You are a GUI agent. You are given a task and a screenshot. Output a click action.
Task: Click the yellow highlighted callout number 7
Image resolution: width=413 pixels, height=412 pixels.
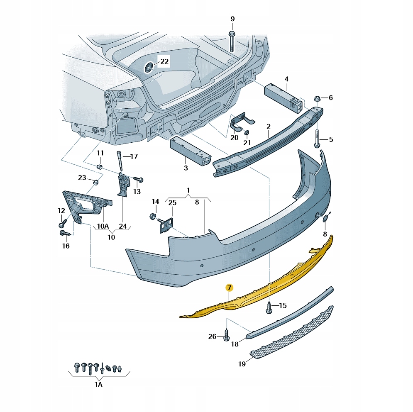229,288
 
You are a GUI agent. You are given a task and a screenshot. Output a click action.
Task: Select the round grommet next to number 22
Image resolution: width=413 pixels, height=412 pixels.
149,67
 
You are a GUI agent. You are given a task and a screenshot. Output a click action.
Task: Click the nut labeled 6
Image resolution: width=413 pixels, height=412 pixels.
317,99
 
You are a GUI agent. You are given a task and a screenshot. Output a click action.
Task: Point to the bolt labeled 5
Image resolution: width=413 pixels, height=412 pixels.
317,138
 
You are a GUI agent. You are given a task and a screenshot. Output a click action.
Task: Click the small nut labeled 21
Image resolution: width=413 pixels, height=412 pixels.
247,132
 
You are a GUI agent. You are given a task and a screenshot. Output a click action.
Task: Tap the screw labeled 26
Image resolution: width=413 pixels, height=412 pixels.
226,334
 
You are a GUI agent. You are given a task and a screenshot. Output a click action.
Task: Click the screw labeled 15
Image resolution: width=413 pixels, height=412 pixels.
269,307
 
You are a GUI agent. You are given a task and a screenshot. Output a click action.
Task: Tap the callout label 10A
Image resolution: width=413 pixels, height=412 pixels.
103,226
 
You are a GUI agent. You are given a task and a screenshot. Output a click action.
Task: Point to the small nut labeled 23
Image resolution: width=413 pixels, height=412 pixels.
96,182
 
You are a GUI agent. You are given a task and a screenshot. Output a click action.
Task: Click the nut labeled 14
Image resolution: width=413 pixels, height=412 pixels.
152,217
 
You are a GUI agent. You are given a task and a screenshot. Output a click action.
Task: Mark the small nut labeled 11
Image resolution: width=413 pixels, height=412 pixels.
100,166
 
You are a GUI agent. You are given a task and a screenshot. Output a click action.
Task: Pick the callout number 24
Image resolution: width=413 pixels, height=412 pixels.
123,226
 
